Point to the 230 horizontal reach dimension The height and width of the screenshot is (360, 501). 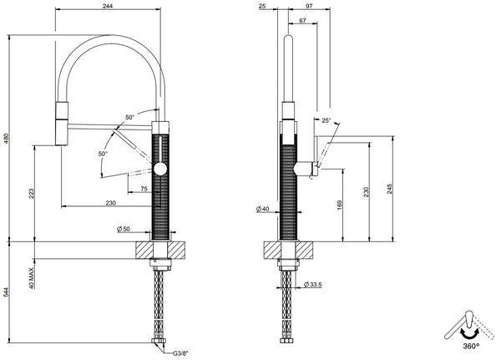point(111,203)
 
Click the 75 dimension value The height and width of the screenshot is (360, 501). point(144,190)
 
